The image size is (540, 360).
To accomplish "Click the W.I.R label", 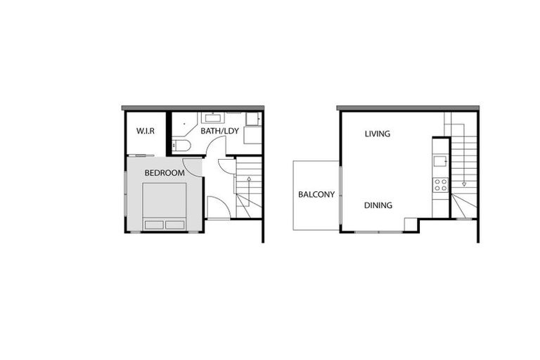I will [145, 131].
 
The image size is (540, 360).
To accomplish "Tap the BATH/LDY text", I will [219, 131].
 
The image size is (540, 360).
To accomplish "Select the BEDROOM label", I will [165, 173].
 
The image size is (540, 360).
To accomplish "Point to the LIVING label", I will [377, 134].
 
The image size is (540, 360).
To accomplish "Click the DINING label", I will [378, 205].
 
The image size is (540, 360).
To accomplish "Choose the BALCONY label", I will [316, 195].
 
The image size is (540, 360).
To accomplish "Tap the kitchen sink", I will [440, 161].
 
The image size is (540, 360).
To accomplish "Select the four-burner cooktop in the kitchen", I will [440, 185].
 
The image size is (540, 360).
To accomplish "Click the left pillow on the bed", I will [154, 225].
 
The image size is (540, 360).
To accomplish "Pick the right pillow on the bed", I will [175, 225].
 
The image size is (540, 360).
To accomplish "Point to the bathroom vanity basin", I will [212, 117].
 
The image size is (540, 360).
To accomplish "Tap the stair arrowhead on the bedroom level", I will [249, 179].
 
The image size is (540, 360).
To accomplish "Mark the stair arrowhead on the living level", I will [464, 184].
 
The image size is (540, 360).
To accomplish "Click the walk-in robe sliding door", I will [141, 155].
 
